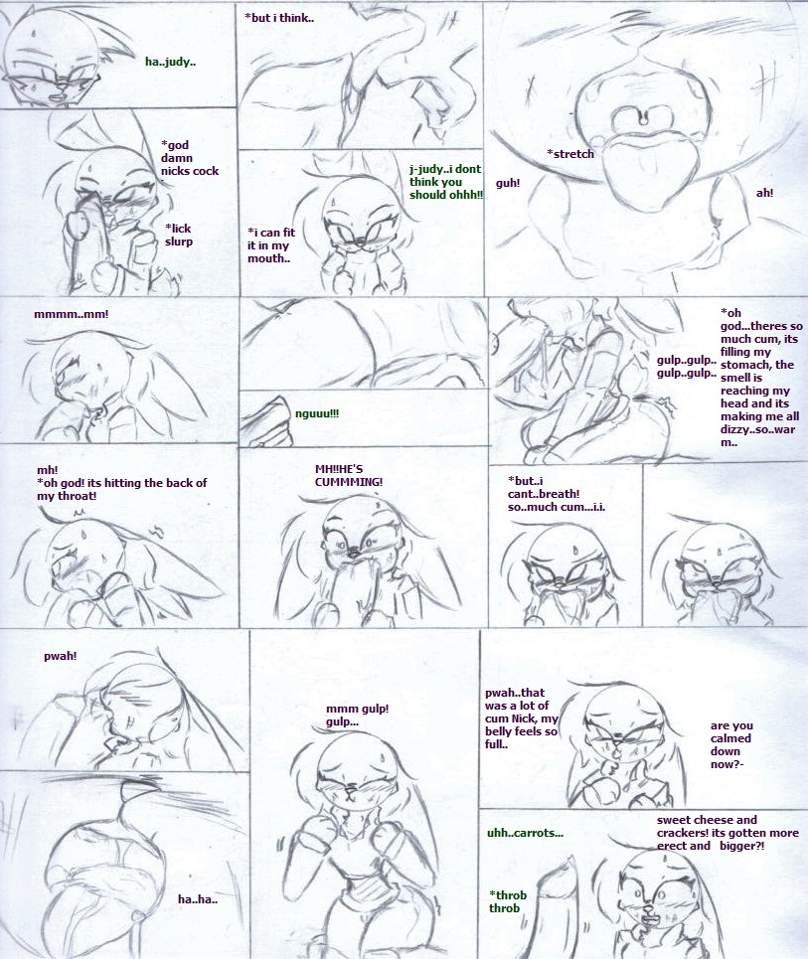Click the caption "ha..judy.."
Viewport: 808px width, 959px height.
171,62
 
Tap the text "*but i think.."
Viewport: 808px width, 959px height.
279,18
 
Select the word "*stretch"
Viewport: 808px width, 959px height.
570,154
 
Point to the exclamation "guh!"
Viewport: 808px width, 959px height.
508,183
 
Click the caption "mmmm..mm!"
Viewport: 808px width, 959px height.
71,314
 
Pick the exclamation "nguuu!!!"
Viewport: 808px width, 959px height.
317,413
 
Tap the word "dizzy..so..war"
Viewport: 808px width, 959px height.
758,429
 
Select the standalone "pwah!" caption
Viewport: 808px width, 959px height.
60,656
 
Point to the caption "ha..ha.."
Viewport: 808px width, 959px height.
198,899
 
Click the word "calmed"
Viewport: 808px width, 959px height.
730,738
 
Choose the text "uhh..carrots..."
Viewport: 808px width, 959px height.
525,833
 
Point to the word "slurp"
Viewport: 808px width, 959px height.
179,241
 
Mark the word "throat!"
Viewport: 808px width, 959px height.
76,496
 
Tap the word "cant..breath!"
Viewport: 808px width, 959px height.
544,494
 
